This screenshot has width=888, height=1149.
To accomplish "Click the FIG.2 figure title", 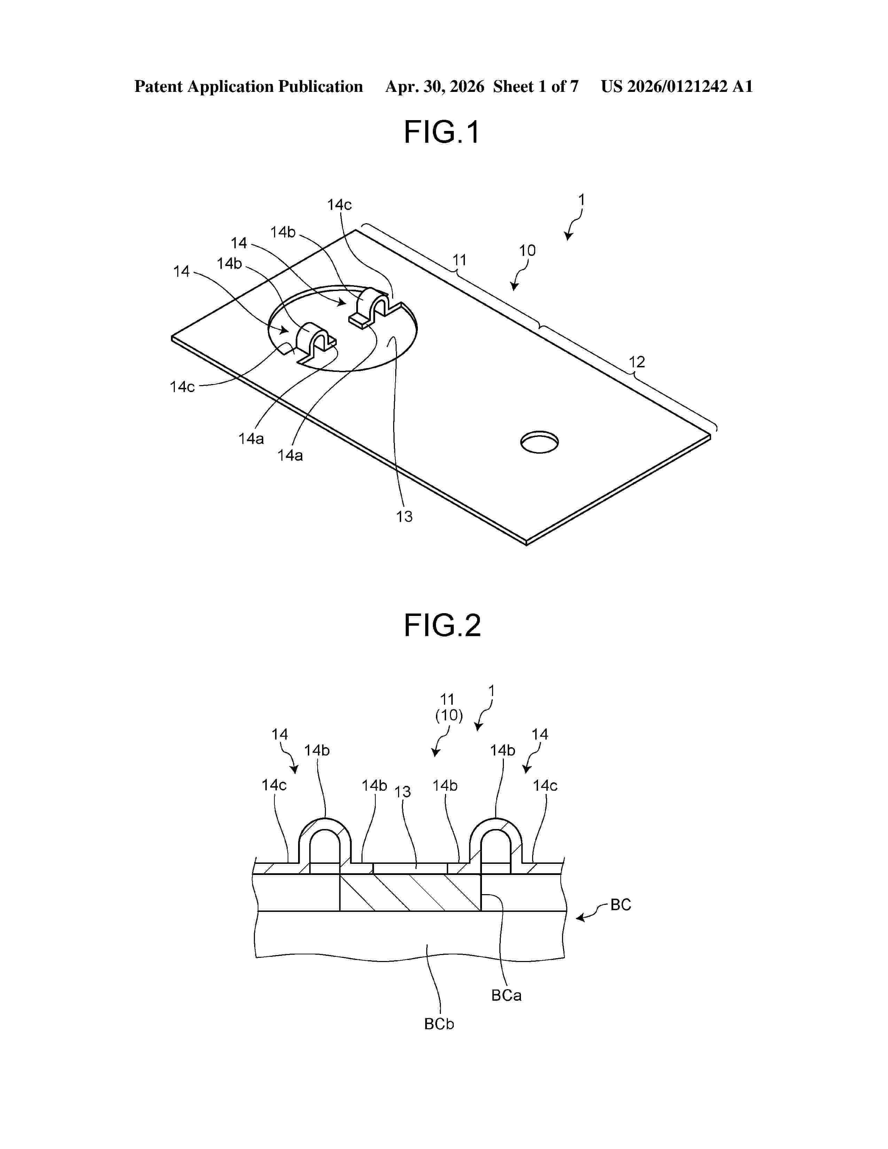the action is [x=442, y=626].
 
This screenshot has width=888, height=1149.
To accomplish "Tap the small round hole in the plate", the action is [x=539, y=442].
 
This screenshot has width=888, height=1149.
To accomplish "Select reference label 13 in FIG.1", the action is [x=404, y=517].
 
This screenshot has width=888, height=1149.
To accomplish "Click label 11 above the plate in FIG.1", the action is [x=459, y=260].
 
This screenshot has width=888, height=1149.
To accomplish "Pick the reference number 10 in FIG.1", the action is [x=527, y=250].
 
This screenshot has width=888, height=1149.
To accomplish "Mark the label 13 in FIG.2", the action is [x=403, y=792].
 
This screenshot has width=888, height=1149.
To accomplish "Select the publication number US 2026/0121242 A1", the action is [x=677, y=86].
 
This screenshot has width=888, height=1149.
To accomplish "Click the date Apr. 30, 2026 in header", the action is [x=435, y=86].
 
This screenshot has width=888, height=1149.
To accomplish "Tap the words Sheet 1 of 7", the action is [x=536, y=86].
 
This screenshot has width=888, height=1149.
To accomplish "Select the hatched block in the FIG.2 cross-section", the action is [x=410, y=893].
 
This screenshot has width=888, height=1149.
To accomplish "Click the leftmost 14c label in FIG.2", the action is [x=274, y=785].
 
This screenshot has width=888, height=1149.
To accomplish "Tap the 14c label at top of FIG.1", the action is [x=339, y=205].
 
